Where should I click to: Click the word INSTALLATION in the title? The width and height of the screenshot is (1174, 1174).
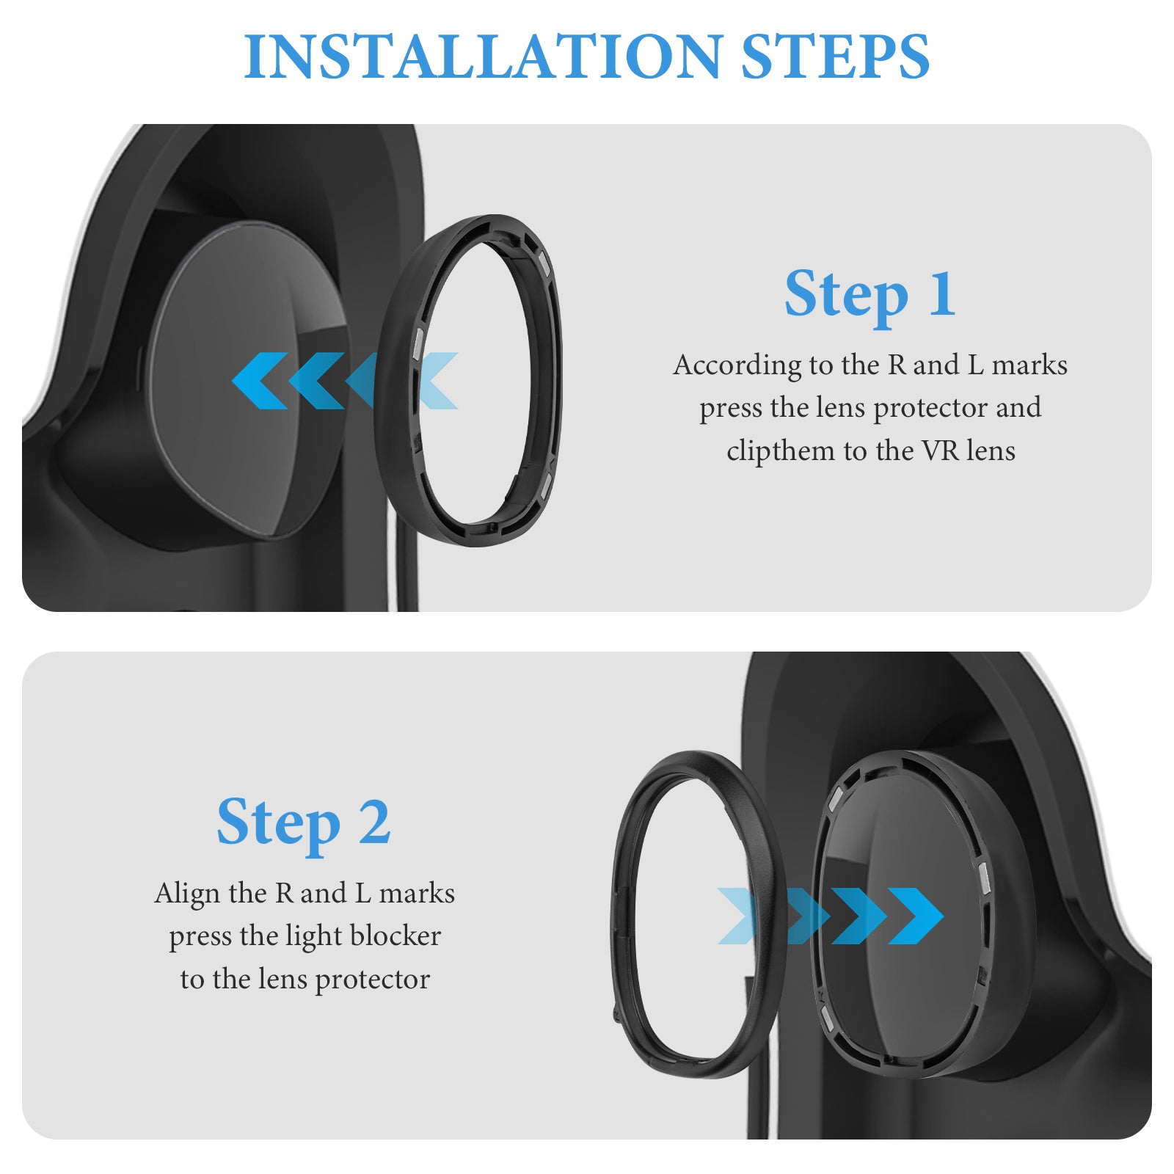click(x=483, y=56)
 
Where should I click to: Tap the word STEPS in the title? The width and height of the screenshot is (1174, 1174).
click(x=835, y=56)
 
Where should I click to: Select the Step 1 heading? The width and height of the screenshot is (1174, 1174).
click(x=870, y=293)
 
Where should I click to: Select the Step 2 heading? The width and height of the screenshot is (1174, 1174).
click(x=303, y=822)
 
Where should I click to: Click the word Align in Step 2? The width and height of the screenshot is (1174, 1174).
click(x=187, y=894)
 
